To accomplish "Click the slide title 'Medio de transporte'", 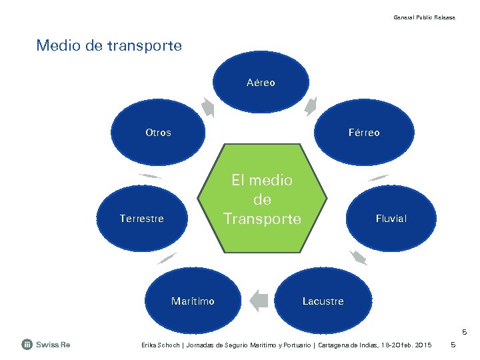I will coord(109,46).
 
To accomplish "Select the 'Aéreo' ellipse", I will coord(261,83).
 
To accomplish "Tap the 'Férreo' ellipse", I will coord(364,133).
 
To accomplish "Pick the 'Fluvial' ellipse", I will coord(391,219).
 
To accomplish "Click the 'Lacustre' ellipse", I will coord(323,301).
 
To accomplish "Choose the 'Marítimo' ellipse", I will coord(193,301).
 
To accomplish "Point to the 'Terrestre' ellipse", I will coord(141,219).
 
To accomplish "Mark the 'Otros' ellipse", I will coord(158,133).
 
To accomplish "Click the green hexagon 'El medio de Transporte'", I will coord(262,199).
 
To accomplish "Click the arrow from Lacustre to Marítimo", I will coord(259,300).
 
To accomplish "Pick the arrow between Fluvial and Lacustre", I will coord(359,257).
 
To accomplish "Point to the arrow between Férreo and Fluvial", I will coord(378,178).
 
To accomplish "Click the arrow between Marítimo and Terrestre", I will coord(167,258).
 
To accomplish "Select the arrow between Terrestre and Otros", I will coord(150,176).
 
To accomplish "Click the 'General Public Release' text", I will coord(424,17).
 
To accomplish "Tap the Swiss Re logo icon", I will coord(27,345).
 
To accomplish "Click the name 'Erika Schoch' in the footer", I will coord(159,345).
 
